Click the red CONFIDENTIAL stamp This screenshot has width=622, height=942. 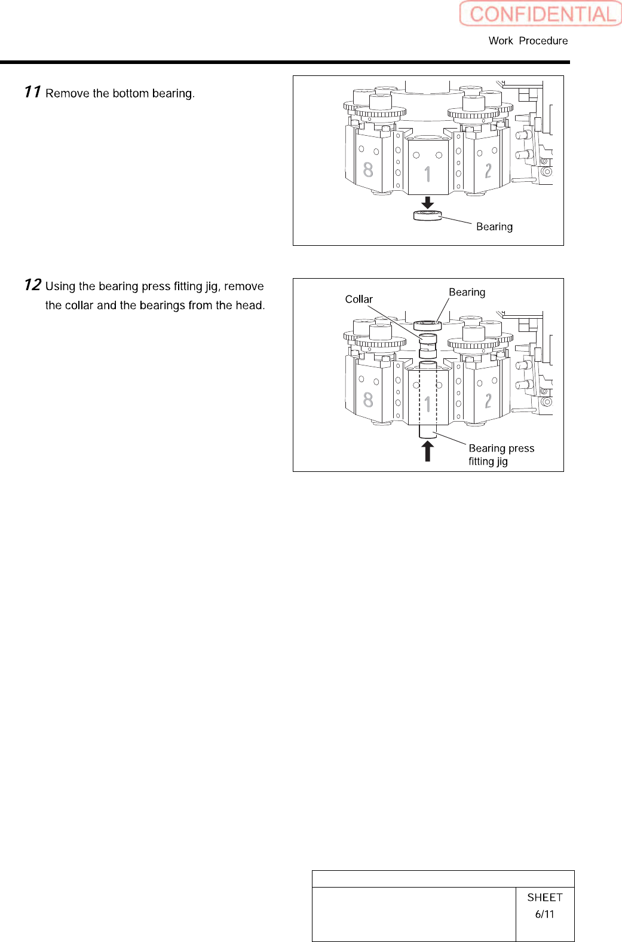click(x=541, y=14)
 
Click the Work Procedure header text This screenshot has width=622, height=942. click(x=528, y=41)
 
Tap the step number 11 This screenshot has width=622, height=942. click(x=32, y=92)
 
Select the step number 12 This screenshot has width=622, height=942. click(x=32, y=285)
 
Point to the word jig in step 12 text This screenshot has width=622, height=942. click(x=212, y=286)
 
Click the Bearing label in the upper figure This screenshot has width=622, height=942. click(x=494, y=227)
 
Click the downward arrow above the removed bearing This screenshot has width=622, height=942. click(x=427, y=202)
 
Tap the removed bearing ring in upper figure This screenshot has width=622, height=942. click(x=427, y=215)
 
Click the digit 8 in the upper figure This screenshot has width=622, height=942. click(x=368, y=170)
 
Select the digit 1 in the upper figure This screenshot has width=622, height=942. click(x=428, y=175)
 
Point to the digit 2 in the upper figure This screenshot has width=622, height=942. click(x=488, y=171)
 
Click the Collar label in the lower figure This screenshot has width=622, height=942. click(x=359, y=299)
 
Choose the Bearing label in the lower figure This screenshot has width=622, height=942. click(x=467, y=292)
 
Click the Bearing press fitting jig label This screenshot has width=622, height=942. click(x=501, y=455)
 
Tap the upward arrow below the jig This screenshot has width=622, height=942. click(x=427, y=451)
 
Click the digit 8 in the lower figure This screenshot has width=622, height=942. click(x=368, y=400)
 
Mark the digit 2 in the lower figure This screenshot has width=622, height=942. click(x=488, y=401)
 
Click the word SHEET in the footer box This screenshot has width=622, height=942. click(x=544, y=897)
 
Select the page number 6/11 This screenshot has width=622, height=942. click(x=544, y=914)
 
